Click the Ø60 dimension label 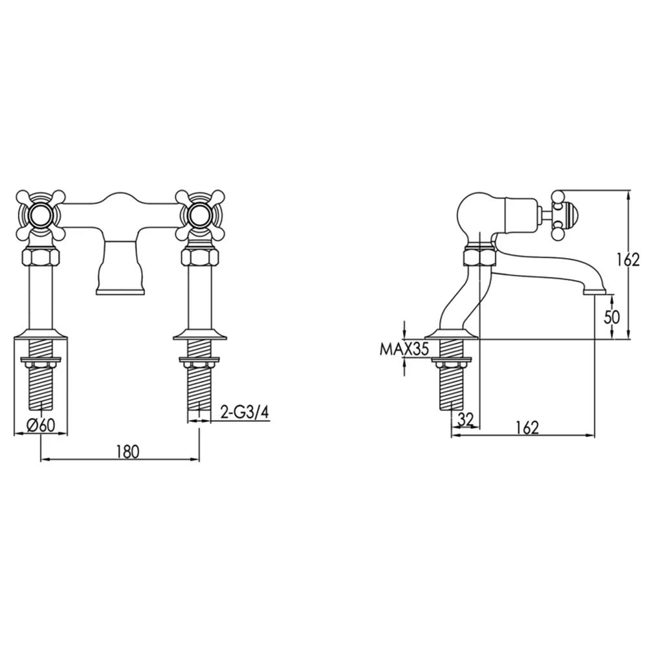click(41, 424)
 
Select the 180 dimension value click(128, 452)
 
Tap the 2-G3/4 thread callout click(245, 413)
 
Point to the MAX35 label click(404, 349)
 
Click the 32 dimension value click(465, 419)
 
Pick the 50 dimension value click(612, 317)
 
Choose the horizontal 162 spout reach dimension click(527, 428)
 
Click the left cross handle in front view click(41, 215)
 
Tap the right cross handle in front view click(200, 215)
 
